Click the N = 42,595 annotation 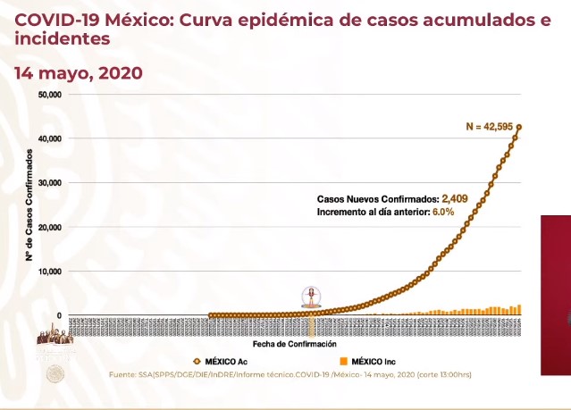coord(490,127)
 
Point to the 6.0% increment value coord(444,212)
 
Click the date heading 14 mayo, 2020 coord(78,72)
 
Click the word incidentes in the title coord(63,39)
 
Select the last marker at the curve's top coord(519,127)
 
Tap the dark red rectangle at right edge coord(555,295)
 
